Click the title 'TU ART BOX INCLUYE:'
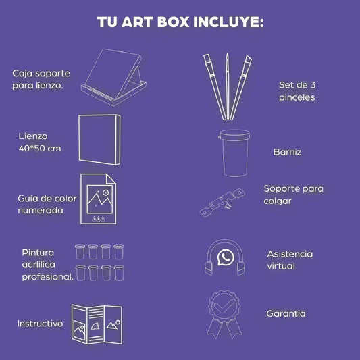point(180,22)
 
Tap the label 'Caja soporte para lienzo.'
point(39,79)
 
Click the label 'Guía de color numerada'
point(47,205)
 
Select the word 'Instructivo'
point(40,324)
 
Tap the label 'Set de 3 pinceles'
point(297,91)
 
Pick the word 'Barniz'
point(287,153)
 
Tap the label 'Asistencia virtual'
point(290,260)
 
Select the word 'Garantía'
point(286,313)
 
